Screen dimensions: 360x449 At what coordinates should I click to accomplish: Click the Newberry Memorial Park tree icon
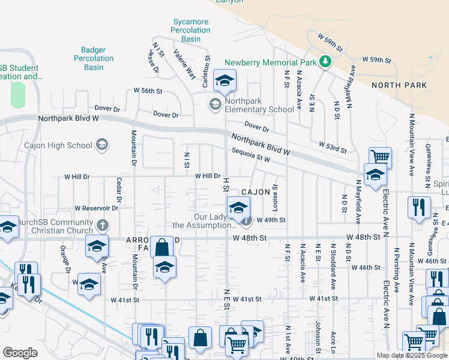(x=325, y=61)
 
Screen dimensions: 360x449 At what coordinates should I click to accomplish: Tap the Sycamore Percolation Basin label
(x=191, y=31)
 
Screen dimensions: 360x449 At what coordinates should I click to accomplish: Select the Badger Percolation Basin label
(x=94, y=59)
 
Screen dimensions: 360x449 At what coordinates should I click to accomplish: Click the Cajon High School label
(x=58, y=145)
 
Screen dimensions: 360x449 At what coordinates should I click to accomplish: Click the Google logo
(x=20, y=353)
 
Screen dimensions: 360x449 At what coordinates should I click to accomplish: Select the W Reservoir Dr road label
(x=97, y=208)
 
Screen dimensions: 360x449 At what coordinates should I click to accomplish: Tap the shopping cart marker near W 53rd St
(x=380, y=158)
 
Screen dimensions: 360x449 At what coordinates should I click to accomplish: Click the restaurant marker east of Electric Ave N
(x=418, y=207)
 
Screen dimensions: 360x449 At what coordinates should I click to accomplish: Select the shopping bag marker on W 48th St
(x=161, y=247)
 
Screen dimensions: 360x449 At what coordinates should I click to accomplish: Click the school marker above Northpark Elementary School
(x=224, y=81)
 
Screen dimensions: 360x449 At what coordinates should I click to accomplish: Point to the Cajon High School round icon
(x=102, y=145)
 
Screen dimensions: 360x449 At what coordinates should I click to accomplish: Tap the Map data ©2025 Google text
(x=412, y=355)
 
